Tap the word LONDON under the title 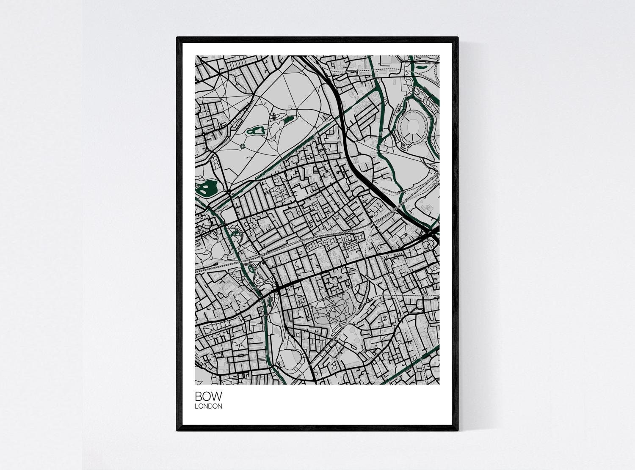coord(208,407)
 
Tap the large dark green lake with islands coord(207,189)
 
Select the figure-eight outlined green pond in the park coord(255,131)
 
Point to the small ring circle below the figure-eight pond coord(243,146)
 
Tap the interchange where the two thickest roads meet coord(433,232)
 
